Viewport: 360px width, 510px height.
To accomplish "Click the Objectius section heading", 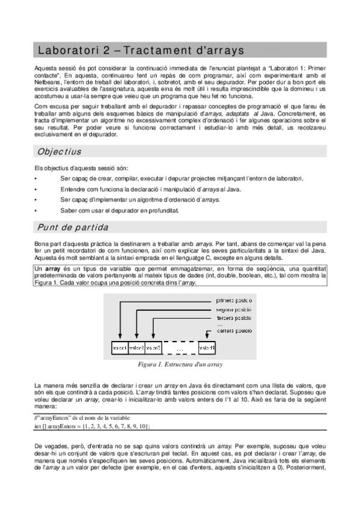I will click(x=59, y=152).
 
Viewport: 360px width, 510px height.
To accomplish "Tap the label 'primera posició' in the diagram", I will click(x=234, y=300).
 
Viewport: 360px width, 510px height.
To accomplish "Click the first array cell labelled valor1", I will click(x=120, y=348).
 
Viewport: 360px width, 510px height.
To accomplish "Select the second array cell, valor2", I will click(x=136, y=348).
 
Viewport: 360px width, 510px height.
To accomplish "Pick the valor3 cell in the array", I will click(x=153, y=348).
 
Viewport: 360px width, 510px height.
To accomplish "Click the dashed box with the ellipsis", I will click(x=180, y=348).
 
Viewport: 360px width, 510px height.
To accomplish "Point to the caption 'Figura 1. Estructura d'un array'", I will click(x=180, y=364).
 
